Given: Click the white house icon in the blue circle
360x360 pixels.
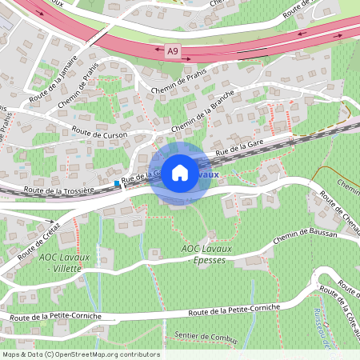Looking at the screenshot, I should (180, 172).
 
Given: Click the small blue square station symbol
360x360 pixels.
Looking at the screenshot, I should (117, 184).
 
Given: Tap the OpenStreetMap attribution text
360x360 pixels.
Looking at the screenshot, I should (80, 354).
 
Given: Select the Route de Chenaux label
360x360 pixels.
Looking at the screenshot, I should (336, 210).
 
